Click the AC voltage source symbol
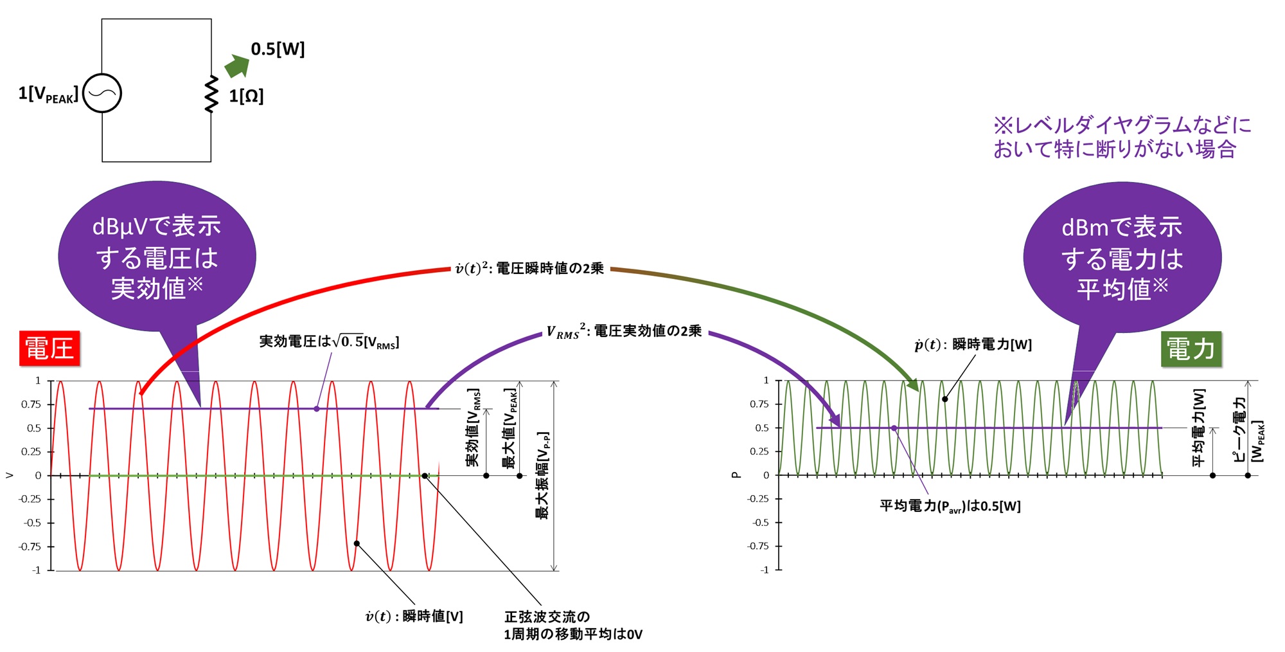click(102, 93)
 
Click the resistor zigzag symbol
click(211, 94)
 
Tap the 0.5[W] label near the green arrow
click(278, 49)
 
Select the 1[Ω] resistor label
click(246, 96)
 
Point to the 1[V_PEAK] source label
click(48, 95)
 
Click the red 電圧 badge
click(49, 349)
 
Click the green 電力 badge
click(1191, 349)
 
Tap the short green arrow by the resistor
click(237, 66)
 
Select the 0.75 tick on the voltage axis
click(31, 404)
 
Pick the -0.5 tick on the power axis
click(761, 523)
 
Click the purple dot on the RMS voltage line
click(317, 409)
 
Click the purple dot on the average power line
click(894, 428)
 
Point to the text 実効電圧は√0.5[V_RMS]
click(329, 341)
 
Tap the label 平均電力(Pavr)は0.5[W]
click(950, 506)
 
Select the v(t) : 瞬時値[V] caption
click(414, 617)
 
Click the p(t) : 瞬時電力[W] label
click(973, 345)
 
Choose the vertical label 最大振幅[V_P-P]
click(543, 475)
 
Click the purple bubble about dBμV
click(157, 257)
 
